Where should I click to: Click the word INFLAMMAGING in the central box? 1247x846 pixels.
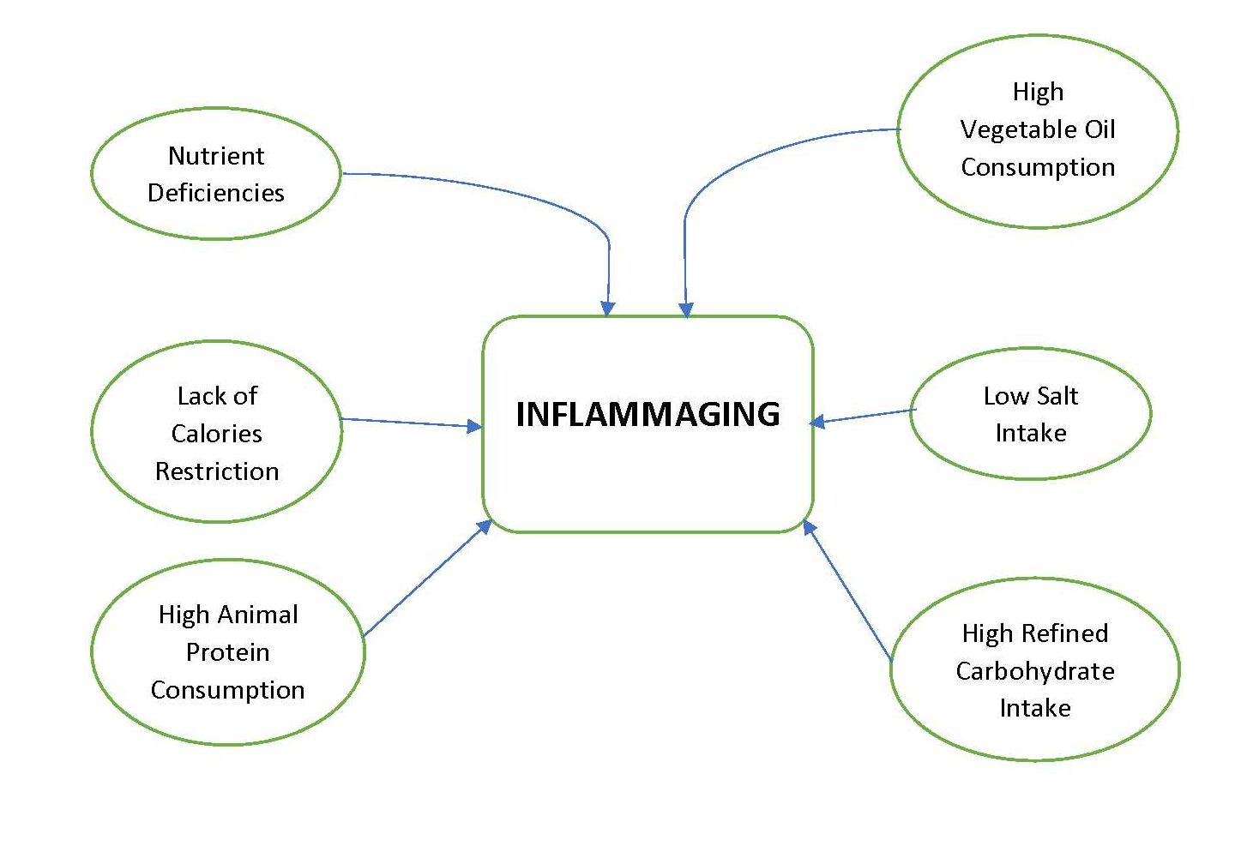648,414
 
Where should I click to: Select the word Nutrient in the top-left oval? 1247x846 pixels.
216,156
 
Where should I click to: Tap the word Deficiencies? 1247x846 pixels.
216,193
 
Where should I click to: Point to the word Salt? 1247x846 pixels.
1056,396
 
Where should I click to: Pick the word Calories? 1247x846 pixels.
216,434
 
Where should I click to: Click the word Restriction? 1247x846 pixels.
216,471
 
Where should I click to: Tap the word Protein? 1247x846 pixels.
227,652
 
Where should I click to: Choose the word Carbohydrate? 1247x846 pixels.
1035,671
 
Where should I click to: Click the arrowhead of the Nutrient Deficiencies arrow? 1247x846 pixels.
607,309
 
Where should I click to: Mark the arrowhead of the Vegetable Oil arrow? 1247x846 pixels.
685,309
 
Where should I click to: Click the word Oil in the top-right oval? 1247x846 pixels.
1099,129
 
